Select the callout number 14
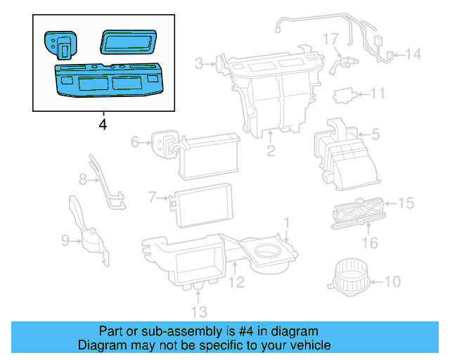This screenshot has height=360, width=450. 413,53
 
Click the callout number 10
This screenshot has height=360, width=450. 392,282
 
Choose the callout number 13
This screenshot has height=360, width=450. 199,311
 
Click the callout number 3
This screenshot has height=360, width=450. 200,65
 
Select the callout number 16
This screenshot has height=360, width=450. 369,243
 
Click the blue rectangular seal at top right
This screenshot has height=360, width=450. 129,41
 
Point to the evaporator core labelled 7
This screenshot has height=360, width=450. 202,203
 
